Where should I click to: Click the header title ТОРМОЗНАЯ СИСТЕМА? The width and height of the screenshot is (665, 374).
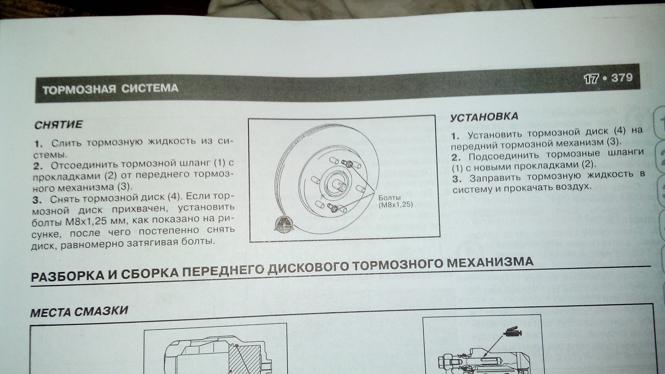pyautogui.click(x=110, y=89)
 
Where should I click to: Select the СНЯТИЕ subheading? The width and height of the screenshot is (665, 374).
pyautogui.click(x=59, y=125)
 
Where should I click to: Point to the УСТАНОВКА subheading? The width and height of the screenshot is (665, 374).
pyautogui.click(x=484, y=117)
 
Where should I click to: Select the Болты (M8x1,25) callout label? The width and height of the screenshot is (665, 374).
pyautogui.click(x=395, y=201)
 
